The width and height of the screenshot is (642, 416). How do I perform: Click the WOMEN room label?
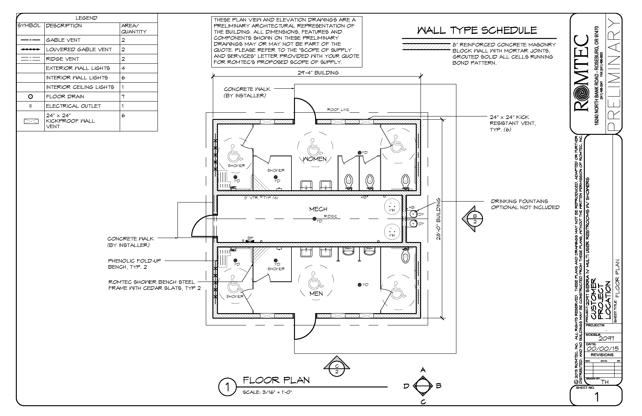[x=315, y=159]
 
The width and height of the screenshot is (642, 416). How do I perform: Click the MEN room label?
[x=316, y=293]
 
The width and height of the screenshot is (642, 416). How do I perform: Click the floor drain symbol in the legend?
[x=30, y=96]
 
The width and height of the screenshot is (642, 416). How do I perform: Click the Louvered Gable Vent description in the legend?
[x=79, y=49]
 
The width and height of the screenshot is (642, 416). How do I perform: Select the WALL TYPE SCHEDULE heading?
[x=477, y=30]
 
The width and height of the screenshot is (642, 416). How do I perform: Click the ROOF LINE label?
[x=338, y=110]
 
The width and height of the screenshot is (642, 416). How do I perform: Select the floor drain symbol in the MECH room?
[x=314, y=219]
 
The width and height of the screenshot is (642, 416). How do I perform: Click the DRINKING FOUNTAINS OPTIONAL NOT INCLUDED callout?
[x=525, y=204]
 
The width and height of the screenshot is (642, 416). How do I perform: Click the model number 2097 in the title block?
[x=606, y=338]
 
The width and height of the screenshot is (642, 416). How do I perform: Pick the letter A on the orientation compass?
[x=423, y=370]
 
